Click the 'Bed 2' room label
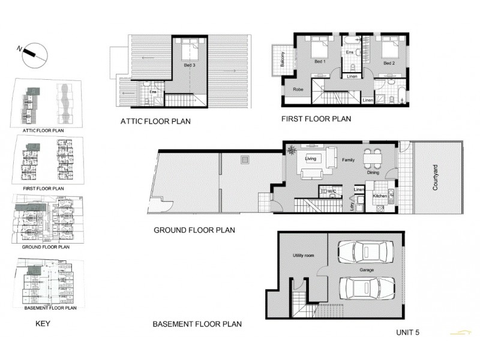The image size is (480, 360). click(389, 62)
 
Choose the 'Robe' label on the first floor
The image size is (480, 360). click(298, 89)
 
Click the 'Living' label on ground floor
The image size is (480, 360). click(311, 159)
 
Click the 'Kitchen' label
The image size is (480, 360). click(379, 196)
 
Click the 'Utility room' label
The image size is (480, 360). click(304, 255)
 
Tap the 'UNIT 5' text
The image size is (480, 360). click(410, 332)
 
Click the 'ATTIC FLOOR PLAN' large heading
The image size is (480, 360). click(155, 121)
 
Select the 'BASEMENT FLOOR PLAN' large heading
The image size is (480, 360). click(197, 325)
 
